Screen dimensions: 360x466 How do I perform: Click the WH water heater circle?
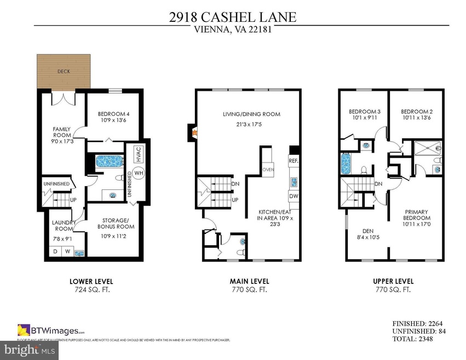(139, 173)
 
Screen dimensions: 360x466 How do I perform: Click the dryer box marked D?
(55, 252)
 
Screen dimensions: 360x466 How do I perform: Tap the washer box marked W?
(68, 252)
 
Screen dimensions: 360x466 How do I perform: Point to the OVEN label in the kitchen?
(268, 170)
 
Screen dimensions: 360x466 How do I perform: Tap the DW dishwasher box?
(293, 196)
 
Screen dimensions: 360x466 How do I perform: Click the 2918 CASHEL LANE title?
(233, 17)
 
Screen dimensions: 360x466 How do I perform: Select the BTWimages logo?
(51, 330)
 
